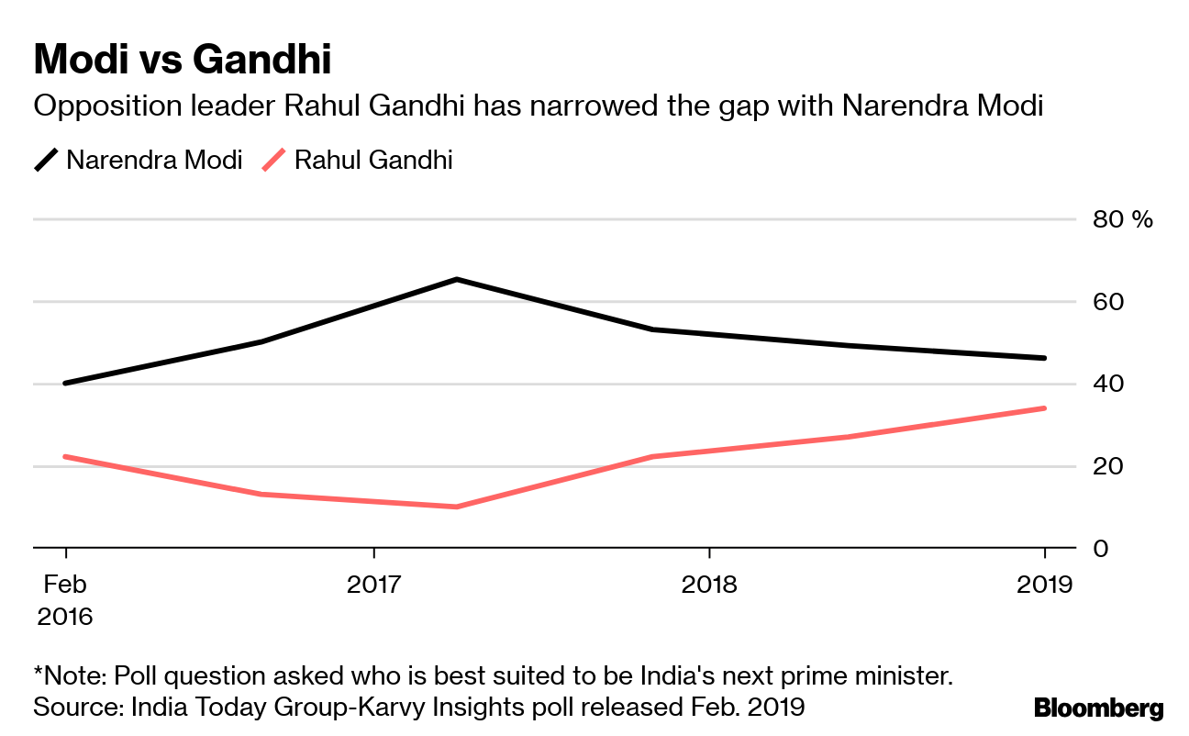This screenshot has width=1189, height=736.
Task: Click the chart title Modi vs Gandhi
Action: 182,61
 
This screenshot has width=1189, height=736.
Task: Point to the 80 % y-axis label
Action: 1121,219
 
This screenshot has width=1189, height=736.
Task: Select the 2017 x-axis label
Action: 373,585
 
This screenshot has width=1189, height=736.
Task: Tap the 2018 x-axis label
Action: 708,585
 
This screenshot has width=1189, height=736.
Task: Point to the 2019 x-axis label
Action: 1044,585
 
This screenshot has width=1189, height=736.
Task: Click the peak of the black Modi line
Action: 457,279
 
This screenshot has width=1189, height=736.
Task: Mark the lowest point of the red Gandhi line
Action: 457,507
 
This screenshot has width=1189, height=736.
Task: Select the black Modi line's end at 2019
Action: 1044,358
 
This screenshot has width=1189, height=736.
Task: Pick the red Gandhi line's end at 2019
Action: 1044,408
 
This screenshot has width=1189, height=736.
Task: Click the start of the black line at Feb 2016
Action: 65,383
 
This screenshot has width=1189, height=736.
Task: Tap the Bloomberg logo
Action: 1098,708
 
